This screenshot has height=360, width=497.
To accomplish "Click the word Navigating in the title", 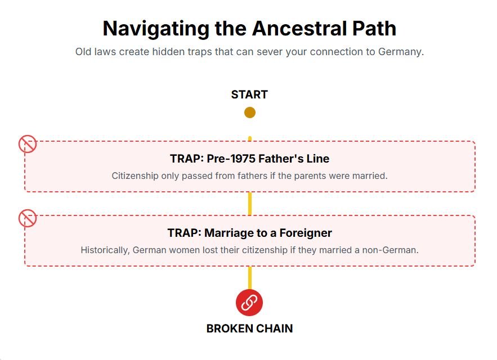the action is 156,29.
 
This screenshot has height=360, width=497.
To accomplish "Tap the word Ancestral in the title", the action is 299,29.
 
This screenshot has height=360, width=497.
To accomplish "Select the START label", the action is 249,94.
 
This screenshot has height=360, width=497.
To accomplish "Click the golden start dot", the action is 250,112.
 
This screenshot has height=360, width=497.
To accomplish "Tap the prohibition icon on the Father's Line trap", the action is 28,144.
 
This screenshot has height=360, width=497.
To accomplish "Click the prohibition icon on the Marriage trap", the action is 28,218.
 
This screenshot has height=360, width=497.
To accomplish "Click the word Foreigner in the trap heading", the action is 306,233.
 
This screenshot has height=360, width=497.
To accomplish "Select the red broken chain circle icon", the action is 249,302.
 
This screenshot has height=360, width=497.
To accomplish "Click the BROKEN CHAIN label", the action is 249,328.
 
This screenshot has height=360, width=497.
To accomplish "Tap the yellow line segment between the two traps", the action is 250,204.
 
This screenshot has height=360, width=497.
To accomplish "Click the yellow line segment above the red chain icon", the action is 250,278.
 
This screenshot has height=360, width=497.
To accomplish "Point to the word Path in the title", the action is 374,29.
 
